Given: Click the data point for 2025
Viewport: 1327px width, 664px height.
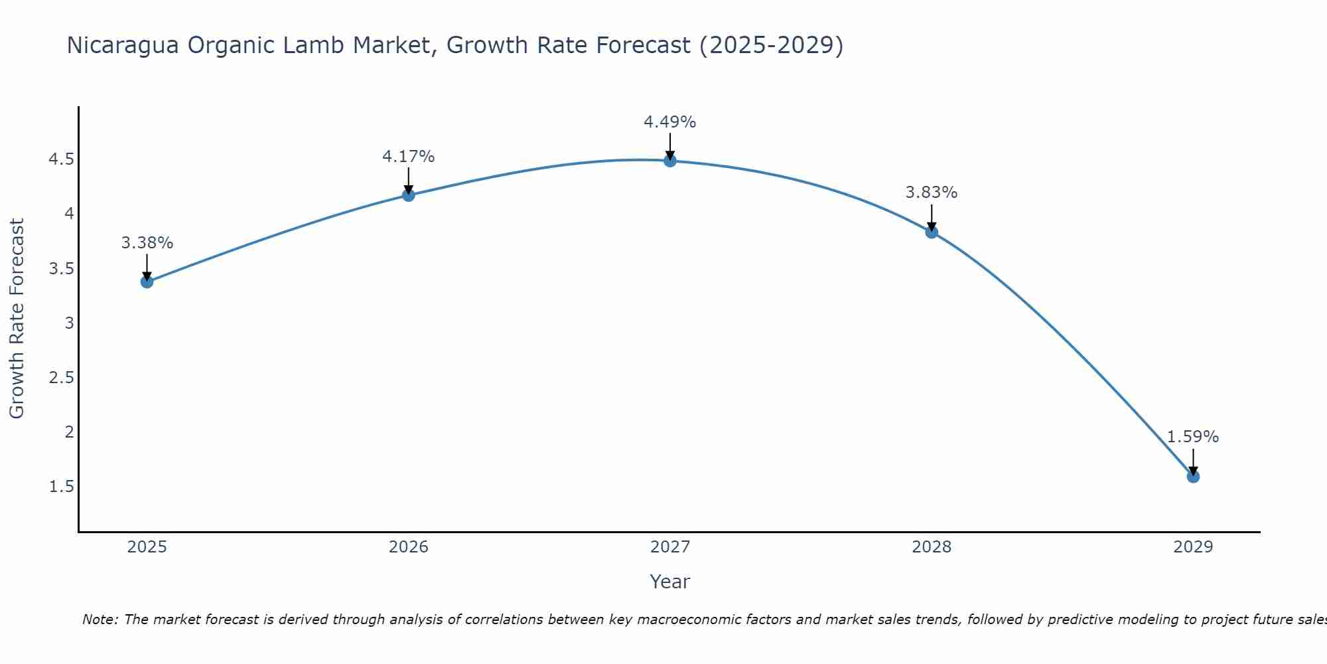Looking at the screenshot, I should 147,282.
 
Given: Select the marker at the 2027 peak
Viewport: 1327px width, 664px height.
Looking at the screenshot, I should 670,161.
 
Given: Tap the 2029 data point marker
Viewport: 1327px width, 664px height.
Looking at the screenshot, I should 1193,477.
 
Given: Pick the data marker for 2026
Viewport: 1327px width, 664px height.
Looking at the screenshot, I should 409,195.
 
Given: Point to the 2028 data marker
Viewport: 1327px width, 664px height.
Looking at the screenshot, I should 932,232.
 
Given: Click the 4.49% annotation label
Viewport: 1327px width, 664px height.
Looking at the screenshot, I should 669,122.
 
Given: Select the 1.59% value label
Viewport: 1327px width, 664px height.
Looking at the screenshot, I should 1192,437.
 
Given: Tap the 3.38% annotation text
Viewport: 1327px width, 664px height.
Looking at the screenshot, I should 147,243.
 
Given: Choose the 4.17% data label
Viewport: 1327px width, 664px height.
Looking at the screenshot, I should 408,157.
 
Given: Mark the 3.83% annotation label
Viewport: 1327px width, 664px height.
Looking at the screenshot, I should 931,193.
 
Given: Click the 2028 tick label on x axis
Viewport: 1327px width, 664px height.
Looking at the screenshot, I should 932,547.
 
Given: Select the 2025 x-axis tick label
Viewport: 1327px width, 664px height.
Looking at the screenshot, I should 147,547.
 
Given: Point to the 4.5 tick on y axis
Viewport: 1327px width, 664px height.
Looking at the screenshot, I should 61,159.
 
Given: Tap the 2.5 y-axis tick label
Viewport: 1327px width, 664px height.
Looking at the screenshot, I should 61,378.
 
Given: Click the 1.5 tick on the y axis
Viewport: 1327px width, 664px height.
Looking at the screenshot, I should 61,487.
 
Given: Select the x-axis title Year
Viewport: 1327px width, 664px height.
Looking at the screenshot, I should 669,582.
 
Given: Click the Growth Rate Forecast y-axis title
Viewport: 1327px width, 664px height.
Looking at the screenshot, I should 17,319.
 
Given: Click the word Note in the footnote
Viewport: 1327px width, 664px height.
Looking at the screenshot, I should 100,620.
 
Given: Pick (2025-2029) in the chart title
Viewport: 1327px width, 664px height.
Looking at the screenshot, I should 771,46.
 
